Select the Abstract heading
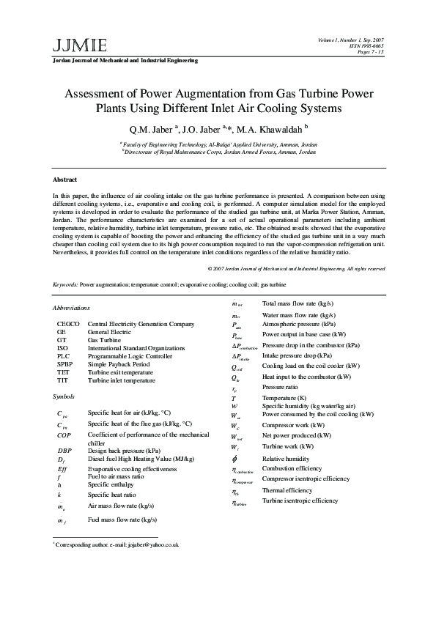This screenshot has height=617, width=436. [64, 180]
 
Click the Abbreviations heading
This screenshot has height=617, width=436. [71, 308]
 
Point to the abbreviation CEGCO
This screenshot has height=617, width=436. [68, 324]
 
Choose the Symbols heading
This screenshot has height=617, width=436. [64, 396]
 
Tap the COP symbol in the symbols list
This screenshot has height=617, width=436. [64, 435]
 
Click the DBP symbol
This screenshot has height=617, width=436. [64, 450]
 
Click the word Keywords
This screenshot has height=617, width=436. [66, 284]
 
